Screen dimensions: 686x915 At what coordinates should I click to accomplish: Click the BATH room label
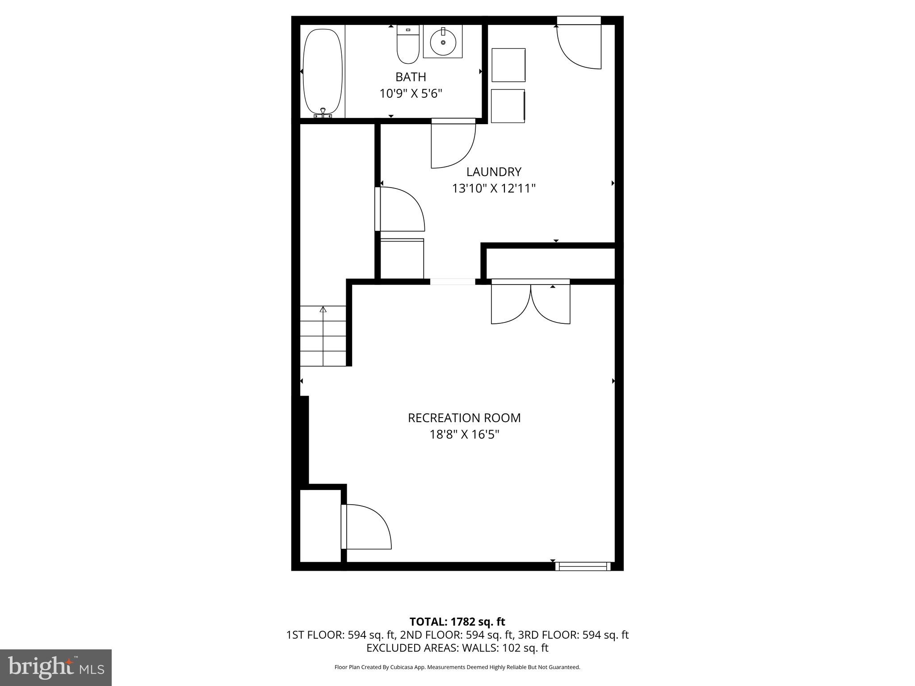point(411,77)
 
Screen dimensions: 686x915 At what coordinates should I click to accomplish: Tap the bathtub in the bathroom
point(323,71)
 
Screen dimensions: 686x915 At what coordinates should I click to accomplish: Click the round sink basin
point(443,42)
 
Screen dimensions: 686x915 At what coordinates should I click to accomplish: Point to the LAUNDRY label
point(494,172)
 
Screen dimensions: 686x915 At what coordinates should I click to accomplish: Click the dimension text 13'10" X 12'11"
point(494,188)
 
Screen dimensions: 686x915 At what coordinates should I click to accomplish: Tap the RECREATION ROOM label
point(464,418)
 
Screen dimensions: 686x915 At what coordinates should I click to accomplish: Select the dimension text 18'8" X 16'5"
point(464,435)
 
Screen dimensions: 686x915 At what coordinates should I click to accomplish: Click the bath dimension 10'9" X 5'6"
point(411,94)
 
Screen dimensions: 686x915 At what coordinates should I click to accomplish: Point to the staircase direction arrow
point(323,309)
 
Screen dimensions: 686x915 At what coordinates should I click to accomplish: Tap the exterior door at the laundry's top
point(579,45)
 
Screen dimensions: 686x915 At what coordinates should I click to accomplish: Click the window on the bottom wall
point(583,566)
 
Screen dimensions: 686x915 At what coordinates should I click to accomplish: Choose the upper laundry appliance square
point(508,65)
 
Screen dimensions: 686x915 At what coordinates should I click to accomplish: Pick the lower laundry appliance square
point(508,106)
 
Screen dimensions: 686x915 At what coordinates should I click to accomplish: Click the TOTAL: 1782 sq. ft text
point(457,622)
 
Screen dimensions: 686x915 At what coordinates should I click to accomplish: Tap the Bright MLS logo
point(56,667)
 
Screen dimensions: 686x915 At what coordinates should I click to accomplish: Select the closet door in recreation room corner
point(366,527)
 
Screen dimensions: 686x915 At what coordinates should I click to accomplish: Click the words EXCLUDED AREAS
point(410,648)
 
